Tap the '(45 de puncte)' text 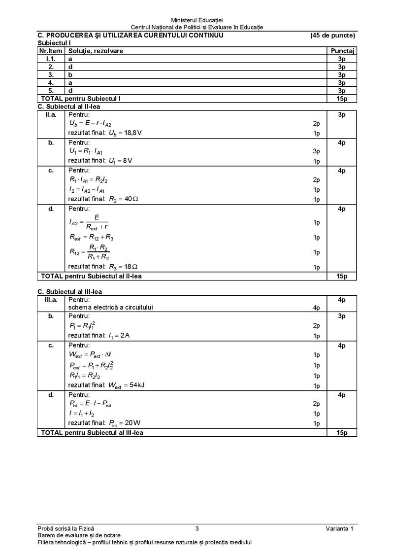332,35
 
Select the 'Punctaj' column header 343,51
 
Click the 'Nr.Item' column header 50,51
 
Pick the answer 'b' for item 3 70,74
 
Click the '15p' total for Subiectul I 342,99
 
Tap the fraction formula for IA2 89,222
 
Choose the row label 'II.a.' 51,114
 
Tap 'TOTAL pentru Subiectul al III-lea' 93,432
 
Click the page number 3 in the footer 197,529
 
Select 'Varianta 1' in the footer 339,529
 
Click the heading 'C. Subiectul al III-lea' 70,292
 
